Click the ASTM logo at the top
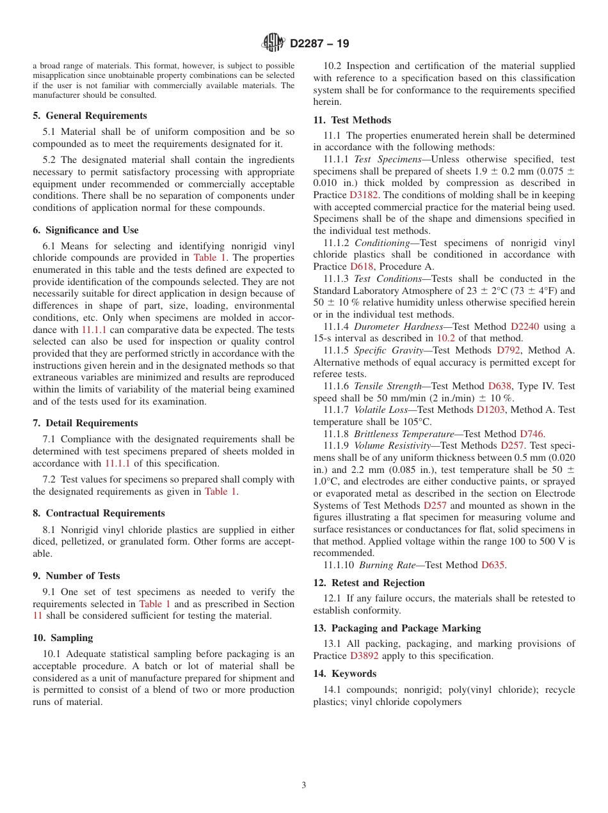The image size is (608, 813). pos(273,43)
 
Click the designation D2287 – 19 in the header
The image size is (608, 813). pos(319,43)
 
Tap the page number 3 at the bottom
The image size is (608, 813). pos(304,785)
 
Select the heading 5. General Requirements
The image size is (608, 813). pos(90,116)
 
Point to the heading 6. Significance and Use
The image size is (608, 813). pos(86,230)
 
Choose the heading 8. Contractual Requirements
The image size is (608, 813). pos(99,513)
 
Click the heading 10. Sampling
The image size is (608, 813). pos(63,638)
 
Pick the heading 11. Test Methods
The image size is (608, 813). pos(352,120)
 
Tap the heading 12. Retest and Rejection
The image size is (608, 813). pos(369,583)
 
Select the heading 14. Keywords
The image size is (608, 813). pos(345,674)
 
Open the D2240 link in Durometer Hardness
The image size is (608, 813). pos(524,327)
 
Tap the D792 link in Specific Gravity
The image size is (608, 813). pos(508,350)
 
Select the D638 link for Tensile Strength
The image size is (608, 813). pos(500,386)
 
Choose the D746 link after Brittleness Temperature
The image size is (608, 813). pos(532,434)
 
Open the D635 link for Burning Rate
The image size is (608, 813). pos(493,565)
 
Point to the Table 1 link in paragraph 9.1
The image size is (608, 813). pos(155,604)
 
